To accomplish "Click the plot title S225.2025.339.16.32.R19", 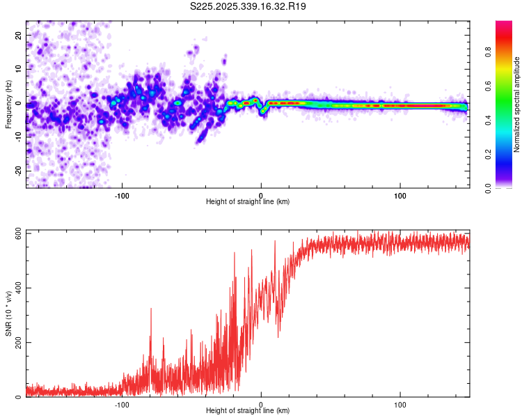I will (248, 6).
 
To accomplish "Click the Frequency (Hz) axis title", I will (8, 104).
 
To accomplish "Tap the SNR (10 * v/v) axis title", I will (8, 313).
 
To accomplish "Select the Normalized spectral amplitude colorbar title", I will (517, 104).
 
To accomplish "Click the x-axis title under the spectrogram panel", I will (248, 202).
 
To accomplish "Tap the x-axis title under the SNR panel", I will (248, 411).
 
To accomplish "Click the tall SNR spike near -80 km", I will (150, 310).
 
